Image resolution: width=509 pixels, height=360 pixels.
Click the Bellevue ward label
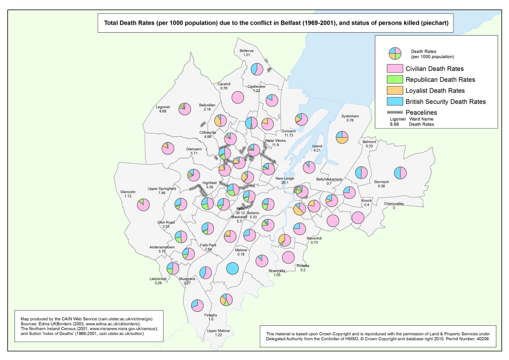[x=247, y=51]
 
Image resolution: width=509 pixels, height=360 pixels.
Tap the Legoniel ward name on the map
[x=163, y=107]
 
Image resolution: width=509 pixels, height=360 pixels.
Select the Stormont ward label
[x=381, y=182]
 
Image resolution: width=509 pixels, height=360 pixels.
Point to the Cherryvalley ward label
[x=394, y=204]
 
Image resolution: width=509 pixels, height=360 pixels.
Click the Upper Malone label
[x=218, y=331]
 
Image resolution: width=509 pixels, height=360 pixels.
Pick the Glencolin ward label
[x=128, y=192]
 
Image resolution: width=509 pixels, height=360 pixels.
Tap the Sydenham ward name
[x=350, y=116]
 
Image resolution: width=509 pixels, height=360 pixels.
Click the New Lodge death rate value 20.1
[x=285, y=183]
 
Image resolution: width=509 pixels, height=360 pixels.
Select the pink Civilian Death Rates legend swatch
[x=395, y=69]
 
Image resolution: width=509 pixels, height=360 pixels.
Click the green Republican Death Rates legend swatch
[x=395, y=80]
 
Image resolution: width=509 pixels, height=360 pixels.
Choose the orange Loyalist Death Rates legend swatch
[x=395, y=91]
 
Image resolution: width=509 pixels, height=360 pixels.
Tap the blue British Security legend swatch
[x=395, y=101]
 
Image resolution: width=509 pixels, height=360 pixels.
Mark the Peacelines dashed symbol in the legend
[x=395, y=112]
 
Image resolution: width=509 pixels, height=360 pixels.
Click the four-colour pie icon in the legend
[x=395, y=54]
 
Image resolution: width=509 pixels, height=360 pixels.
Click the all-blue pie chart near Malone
[x=232, y=268]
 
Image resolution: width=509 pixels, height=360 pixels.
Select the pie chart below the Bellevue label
[x=257, y=69]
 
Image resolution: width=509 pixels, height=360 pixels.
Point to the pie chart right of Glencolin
[x=143, y=205]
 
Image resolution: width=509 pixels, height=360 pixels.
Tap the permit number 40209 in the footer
[x=483, y=339]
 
